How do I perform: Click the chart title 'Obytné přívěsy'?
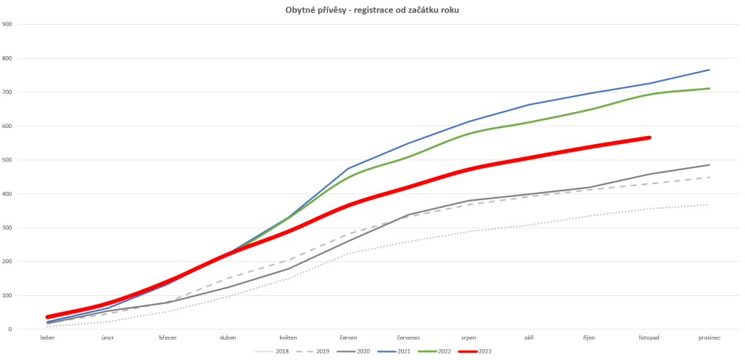point(372,9)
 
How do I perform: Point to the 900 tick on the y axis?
point(7,24)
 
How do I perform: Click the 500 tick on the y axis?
point(7,160)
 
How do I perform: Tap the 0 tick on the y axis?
point(10,329)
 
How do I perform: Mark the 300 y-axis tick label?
point(7,228)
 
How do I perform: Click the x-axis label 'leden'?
point(47,338)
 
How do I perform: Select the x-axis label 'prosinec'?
point(709,338)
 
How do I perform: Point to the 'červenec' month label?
point(409,338)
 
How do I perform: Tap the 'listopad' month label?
point(649,338)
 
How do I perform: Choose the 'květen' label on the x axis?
point(288,338)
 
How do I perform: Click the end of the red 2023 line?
point(649,137)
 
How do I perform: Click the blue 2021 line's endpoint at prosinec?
point(709,70)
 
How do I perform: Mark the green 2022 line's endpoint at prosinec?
point(709,89)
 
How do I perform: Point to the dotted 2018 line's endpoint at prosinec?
point(709,204)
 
